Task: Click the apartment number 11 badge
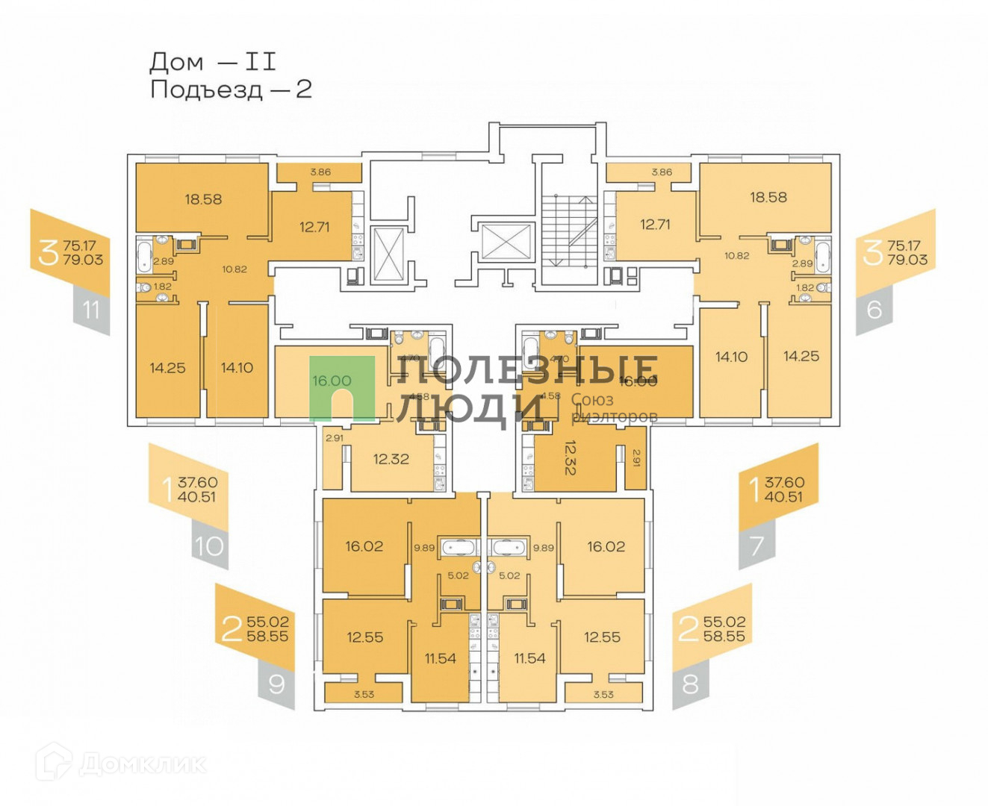[x=91, y=310]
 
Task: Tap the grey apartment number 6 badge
[x=874, y=309]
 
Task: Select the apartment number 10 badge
[x=209, y=546]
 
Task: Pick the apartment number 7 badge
[x=756, y=546]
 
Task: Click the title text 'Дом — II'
[x=213, y=61]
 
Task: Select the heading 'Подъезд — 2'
[x=231, y=90]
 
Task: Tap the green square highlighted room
[x=342, y=388]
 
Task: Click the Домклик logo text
[x=142, y=764]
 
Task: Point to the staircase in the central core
[x=569, y=231]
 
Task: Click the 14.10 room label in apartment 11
[x=237, y=368]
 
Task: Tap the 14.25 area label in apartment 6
[x=801, y=357]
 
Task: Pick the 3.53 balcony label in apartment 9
[x=364, y=695]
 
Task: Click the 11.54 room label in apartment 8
[x=529, y=658]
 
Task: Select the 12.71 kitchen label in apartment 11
[x=314, y=227]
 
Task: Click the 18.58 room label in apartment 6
[x=768, y=198]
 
